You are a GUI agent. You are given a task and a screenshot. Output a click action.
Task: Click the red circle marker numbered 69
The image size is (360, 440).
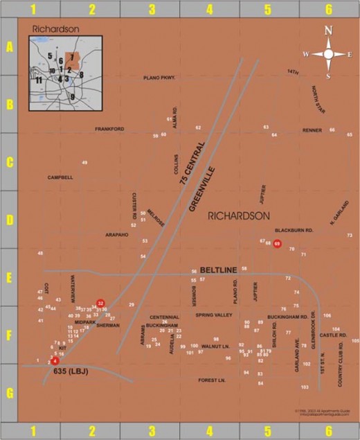pos(277,243)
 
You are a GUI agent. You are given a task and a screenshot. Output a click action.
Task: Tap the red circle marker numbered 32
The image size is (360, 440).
pos(100,303)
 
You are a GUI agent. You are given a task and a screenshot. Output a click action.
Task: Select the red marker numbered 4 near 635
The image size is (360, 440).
pos(55,361)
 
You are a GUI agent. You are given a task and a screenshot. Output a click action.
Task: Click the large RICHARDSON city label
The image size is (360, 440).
pos(239,216)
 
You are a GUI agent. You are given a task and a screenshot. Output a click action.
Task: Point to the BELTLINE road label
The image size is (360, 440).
pos(219,270)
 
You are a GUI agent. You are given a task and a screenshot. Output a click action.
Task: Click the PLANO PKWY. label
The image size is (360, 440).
pos(159,78)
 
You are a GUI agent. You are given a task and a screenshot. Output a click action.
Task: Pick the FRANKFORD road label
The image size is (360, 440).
pos(109,129)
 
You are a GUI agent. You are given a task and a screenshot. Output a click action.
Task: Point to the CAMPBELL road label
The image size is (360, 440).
pos(60,177)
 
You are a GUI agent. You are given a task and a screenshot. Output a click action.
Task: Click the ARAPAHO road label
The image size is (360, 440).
pos(117,235)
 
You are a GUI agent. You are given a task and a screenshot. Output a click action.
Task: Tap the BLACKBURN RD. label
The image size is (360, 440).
pos(294,230)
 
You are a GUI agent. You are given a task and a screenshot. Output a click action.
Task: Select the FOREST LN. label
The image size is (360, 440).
pos(212,380)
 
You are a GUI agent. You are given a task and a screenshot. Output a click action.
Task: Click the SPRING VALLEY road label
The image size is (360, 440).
pos(214,315)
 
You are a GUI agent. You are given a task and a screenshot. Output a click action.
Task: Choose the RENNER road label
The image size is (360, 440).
pos(312,130)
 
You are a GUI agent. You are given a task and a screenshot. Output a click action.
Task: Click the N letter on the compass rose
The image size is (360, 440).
pos(328,30)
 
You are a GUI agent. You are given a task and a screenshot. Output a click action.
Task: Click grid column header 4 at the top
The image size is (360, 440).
pos(210,8)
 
